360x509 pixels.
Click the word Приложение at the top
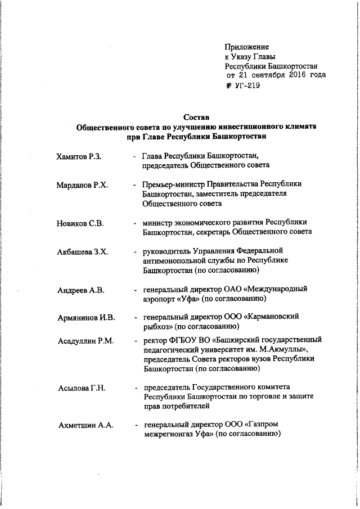[x=246, y=47]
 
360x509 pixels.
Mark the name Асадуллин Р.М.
[x=85, y=341]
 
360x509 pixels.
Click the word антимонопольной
[x=175, y=260]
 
